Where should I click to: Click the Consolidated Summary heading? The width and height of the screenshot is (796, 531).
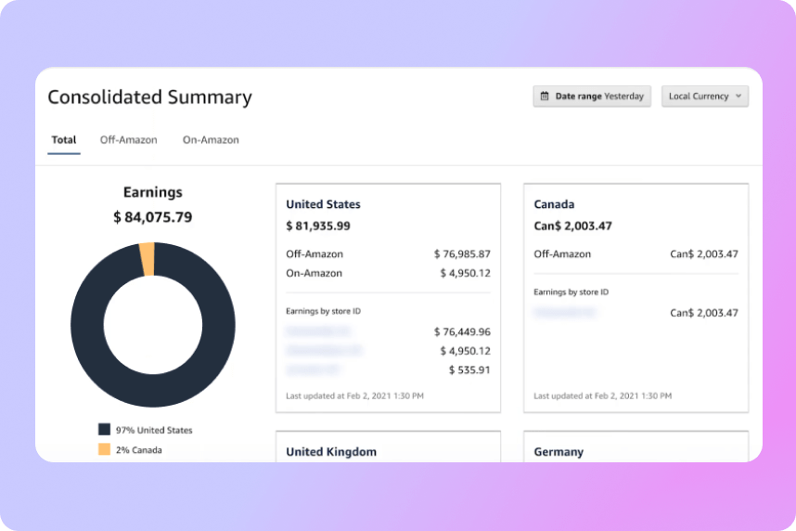(149, 97)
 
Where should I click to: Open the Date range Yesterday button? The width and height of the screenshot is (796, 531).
(592, 97)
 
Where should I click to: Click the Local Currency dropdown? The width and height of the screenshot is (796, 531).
(704, 97)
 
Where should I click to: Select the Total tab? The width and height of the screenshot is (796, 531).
(64, 140)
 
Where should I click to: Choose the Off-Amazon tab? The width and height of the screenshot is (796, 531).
(129, 140)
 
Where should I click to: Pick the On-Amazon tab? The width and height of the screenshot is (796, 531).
(211, 140)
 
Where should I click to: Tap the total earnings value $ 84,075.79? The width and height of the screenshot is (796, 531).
(153, 217)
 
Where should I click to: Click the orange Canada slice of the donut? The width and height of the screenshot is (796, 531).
(147, 259)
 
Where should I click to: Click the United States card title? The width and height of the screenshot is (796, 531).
(323, 204)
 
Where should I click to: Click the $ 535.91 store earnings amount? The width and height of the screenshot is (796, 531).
(469, 369)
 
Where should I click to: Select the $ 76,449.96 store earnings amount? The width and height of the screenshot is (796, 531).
(462, 331)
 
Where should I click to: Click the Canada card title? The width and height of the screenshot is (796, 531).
(555, 204)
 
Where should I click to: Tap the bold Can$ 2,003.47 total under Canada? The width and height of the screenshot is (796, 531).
(573, 226)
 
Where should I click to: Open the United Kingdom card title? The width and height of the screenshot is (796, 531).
(331, 452)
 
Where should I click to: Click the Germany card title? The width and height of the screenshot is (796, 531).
(558, 452)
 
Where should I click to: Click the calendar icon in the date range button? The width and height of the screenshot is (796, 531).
(545, 97)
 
